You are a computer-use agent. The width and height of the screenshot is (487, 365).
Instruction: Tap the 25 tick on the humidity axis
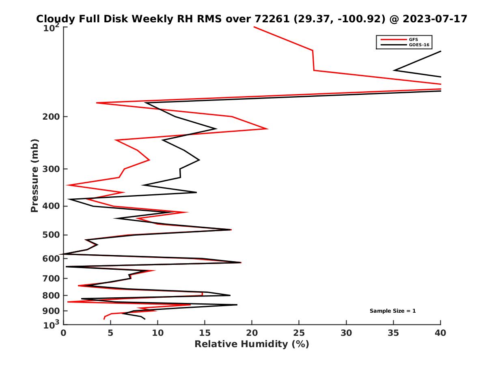299,333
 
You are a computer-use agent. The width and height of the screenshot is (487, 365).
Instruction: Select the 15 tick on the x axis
205,333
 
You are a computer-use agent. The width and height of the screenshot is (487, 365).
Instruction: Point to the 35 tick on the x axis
393,333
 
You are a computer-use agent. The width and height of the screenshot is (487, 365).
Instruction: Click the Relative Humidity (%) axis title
252,344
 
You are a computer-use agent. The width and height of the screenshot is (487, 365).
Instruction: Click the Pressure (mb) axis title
34,175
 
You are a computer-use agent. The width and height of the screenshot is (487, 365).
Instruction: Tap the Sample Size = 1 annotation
392,311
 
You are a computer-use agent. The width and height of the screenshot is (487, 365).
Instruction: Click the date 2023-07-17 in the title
432,19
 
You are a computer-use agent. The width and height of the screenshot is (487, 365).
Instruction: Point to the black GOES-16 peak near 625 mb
240,262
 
